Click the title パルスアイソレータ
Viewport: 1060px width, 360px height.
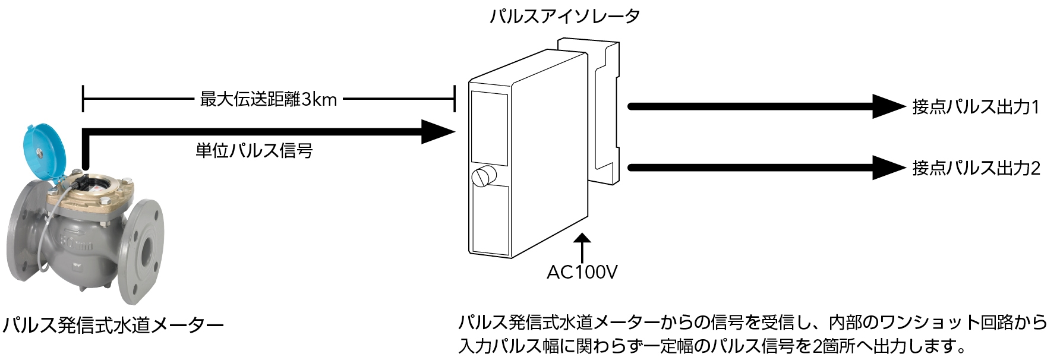point(564,16)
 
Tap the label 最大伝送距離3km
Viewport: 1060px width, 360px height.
point(268,99)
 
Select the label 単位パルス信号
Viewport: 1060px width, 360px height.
point(254,150)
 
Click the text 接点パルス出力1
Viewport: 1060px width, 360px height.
point(976,107)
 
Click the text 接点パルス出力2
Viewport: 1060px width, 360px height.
point(976,168)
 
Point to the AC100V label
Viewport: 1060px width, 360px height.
point(582,272)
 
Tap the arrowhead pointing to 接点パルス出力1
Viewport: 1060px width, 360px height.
point(888,106)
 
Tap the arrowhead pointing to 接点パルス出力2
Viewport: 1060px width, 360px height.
point(888,168)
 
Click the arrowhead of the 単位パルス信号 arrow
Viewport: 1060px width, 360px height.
point(437,131)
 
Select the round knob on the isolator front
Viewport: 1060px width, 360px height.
point(483,176)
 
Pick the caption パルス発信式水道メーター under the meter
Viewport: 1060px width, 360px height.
point(113,325)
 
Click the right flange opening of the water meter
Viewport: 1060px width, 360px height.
point(147,252)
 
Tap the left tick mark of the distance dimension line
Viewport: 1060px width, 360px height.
point(83,99)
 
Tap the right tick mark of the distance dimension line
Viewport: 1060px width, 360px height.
point(455,99)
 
